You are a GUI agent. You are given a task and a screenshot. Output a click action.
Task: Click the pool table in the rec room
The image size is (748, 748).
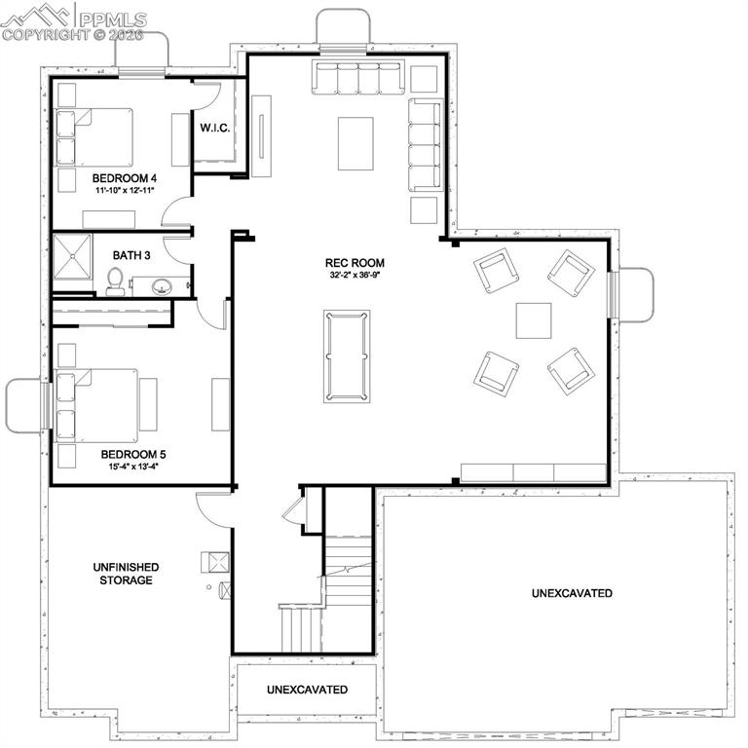coord(346,356)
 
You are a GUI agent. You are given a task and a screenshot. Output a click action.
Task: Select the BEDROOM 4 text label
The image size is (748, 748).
coord(125,178)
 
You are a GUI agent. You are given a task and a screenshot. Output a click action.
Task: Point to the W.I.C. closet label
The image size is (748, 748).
coord(215,128)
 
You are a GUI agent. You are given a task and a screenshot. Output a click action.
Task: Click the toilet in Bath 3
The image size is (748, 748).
coord(115,281)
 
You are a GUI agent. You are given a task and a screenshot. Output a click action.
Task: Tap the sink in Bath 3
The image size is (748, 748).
coord(162,286)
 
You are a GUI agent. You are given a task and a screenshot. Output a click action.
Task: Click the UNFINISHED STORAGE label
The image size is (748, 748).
coord(125,574)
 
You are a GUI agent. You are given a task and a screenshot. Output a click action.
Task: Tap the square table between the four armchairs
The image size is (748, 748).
coord(533,320)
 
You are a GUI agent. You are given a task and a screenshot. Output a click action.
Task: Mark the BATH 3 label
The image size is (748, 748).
coord(131,255)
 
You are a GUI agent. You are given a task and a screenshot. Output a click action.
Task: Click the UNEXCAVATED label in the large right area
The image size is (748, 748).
coord(572,593)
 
